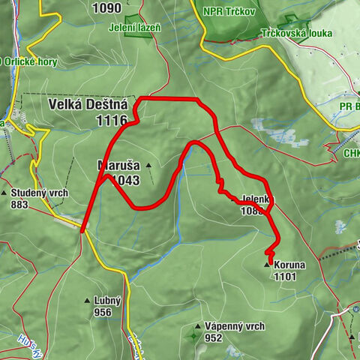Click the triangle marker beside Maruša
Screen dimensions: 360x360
(149, 166)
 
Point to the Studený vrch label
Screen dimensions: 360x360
(40, 193)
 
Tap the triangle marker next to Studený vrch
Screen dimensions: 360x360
(4, 193)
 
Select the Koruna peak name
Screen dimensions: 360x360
(289, 265)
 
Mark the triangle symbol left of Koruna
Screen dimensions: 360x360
(266, 265)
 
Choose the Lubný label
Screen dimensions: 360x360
(107, 301)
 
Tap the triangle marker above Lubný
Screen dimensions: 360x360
(87, 300)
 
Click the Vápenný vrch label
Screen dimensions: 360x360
(235, 326)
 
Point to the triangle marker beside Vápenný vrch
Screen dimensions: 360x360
(197, 327)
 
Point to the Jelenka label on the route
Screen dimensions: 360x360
(259, 199)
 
